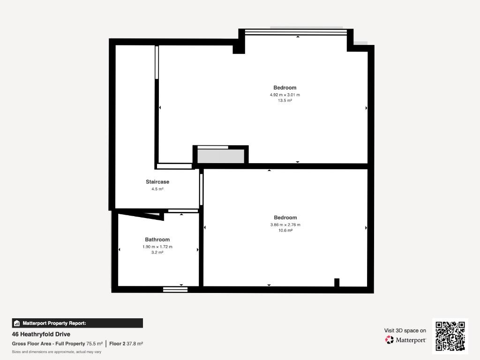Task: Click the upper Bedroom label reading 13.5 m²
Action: (x=285, y=100)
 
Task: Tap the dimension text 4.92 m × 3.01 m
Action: (x=285, y=95)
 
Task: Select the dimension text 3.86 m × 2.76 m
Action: (x=285, y=225)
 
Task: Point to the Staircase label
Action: (x=157, y=182)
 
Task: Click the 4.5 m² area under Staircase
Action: (x=157, y=189)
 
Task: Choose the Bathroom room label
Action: (x=157, y=240)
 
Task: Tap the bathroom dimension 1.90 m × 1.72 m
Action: (x=157, y=247)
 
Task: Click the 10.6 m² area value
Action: (x=285, y=231)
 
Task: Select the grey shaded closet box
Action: (x=221, y=156)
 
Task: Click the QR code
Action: (x=450, y=336)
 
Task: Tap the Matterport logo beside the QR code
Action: (x=405, y=340)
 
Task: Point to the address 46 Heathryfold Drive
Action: (x=41, y=334)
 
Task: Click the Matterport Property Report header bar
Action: (x=77, y=323)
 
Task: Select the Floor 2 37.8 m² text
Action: (x=126, y=344)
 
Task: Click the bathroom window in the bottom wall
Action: (x=175, y=290)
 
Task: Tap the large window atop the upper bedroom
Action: (x=296, y=32)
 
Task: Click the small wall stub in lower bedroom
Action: (x=337, y=283)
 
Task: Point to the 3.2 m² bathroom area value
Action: (x=157, y=253)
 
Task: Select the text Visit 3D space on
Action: (x=405, y=330)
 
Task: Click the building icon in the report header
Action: (x=17, y=323)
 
